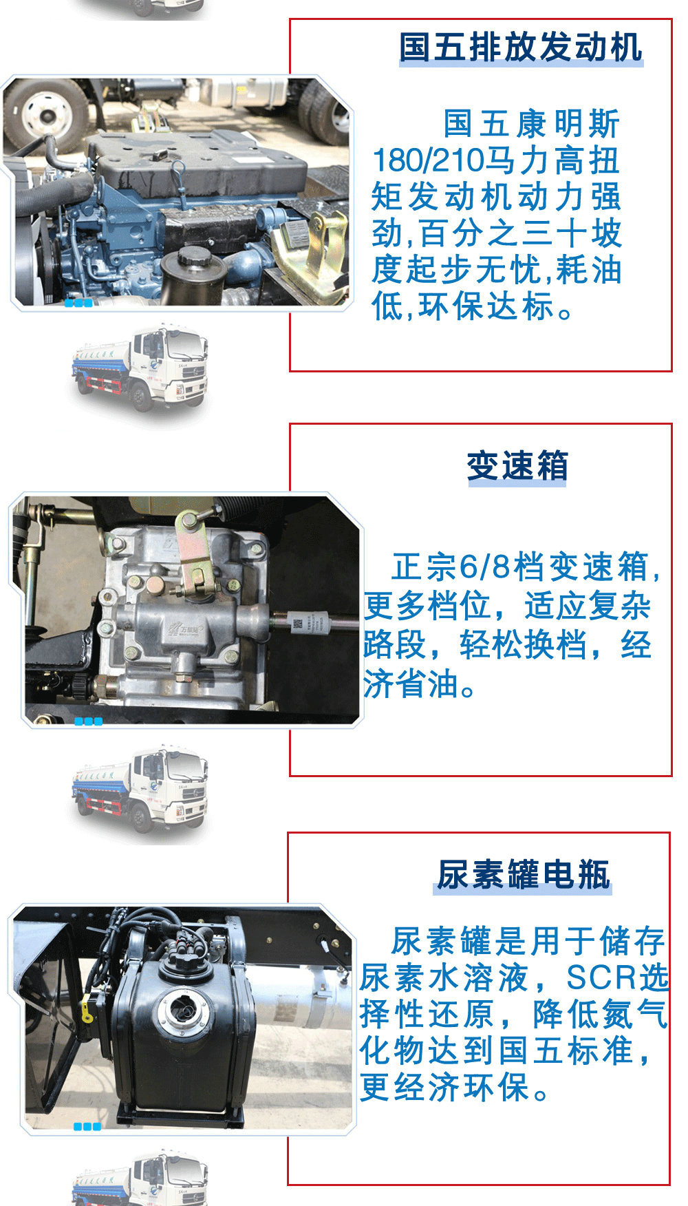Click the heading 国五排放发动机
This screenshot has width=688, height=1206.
pyautogui.click(x=521, y=47)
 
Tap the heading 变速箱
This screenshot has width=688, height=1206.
pyautogui.click(x=517, y=466)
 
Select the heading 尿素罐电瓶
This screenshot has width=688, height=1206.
pyautogui.click(x=523, y=875)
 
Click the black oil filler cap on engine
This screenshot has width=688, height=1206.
pyautogui.click(x=195, y=260)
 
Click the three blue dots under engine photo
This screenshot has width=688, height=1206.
pyautogui.click(x=78, y=304)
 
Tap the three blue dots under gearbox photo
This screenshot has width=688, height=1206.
pyautogui.click(x=88, y=721)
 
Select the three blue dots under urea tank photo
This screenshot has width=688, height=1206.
pyautogui.click(x=87, y=1127)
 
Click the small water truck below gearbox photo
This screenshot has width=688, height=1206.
pyautogui.click(x=140, y=790)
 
